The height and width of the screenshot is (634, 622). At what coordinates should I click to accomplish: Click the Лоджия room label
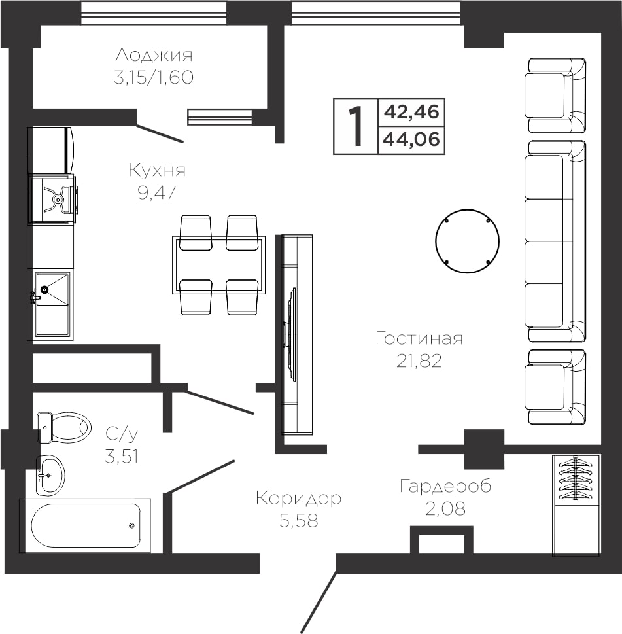pos(154,55)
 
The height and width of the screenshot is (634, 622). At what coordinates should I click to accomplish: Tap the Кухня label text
pos(157,170)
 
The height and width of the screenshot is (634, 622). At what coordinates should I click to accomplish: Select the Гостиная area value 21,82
pos(419,361)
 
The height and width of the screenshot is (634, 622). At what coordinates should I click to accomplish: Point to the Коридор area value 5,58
pos(299,521)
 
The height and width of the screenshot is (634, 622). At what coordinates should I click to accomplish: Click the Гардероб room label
pos(445,486)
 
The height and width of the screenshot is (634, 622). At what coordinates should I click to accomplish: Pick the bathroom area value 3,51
pos(122,457)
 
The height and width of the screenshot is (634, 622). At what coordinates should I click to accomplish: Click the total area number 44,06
pos(411,139)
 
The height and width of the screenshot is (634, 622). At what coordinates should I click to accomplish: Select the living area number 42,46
pos(411,112)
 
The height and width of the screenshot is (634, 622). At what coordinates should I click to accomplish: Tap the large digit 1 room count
pos(356,126)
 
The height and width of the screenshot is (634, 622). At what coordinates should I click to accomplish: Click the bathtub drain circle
pos(131,525)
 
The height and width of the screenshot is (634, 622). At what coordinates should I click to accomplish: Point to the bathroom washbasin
pos(50,476)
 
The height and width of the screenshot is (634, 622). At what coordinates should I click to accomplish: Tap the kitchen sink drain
pos(44,289)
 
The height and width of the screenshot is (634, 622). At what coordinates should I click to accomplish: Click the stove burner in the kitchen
pos(58,200)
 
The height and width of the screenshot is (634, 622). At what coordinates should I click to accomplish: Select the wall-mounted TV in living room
pos(290,334)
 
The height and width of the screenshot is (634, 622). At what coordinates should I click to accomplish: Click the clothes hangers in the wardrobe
pos(576,478)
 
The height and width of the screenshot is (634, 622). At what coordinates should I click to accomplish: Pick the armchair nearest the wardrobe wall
pos(556,387)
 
